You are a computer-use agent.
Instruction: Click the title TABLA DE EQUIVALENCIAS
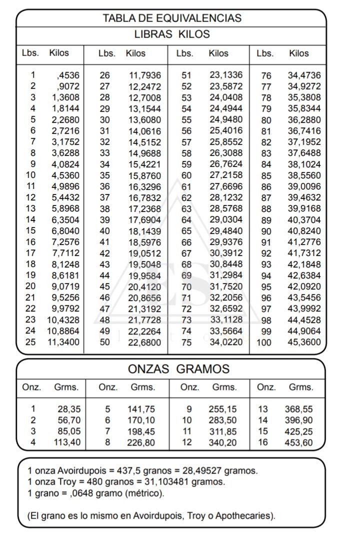pyautogui.click(x=171, y=18)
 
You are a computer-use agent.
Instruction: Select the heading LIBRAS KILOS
pyautogui.click(x=171, y=35)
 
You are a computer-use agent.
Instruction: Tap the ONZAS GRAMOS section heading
pyautogui.click(x=178, y=369)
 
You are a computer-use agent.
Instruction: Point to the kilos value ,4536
pyautogui.click(x=68, y=75)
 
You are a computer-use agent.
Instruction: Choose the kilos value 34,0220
pyautogui.click(x=226, y=342)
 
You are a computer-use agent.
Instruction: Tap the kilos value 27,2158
pyautogui.click(x=226, y=175)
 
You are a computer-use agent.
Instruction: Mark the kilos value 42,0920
pyautogui.click(x=304, y=287)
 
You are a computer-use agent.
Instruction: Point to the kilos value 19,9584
pyautogui.click(x=145, y=276)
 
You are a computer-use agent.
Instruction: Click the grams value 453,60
pyautogui.click(x=298, y=442)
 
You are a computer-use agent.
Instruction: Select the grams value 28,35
pyautogui.click(x=69, y=409)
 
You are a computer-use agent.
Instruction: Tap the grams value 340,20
pyautogui.click(x=223, y=442)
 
